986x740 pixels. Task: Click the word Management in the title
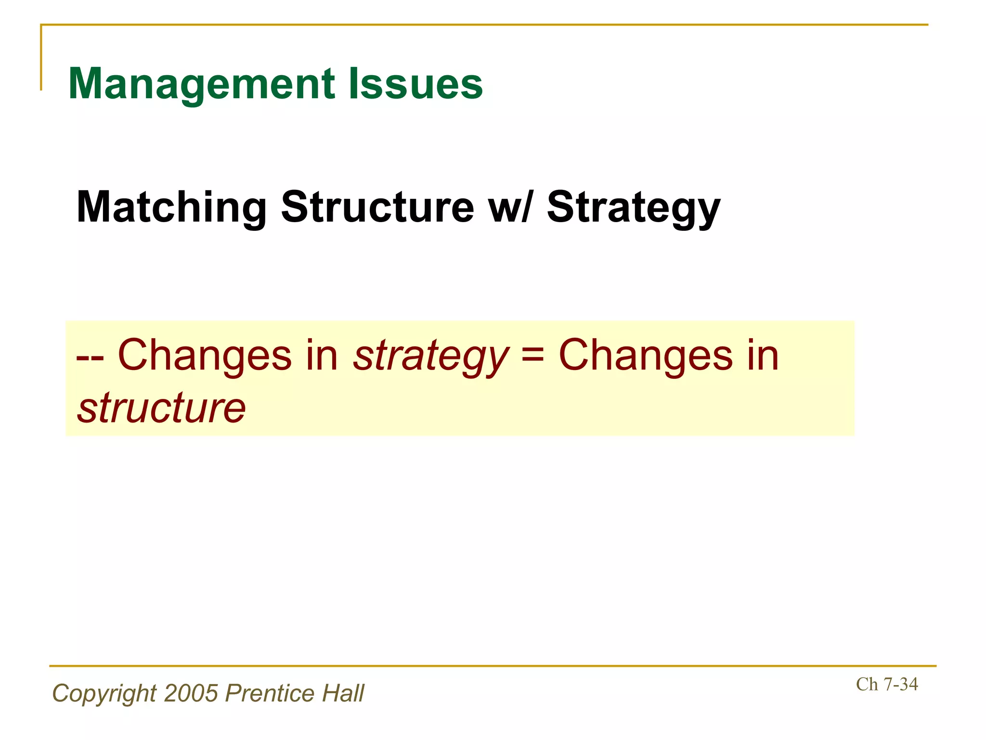pyautogui.click(x=202, y=84)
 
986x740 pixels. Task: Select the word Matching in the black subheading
pyautogui.click(x=171, y=207)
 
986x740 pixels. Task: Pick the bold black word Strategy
pyautogui.click(x=634, y=208)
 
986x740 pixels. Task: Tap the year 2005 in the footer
pyautogui.click(x=191, y=693)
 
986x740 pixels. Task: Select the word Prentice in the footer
pyautogui.click(x=270, y=693)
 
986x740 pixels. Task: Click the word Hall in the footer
pyautogui.click(x=343, y=693)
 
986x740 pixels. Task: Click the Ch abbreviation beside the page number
pyautogui.click(x=867, y=684)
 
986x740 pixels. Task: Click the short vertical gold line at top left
pyautogui.click(x=41, y=57)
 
